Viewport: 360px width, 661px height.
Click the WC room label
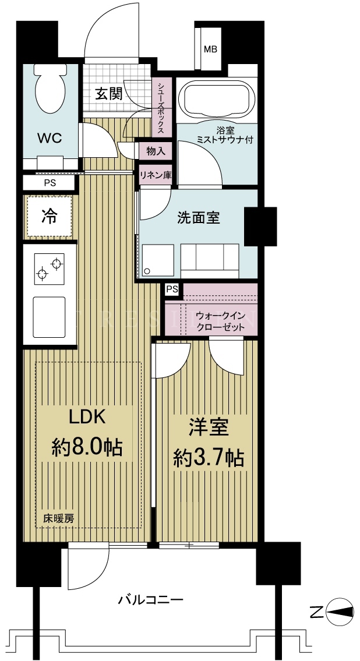pos(50,137)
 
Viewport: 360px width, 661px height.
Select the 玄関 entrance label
pos(108,94)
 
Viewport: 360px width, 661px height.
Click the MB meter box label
pos(210,49)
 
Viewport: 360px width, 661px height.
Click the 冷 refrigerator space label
pos(50,216)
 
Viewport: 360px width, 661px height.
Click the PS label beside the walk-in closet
pos(172,289)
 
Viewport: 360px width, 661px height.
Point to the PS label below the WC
pos(50,183)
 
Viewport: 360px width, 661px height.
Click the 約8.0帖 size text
pos(87,446)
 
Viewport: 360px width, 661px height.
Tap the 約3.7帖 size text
pos(209,457)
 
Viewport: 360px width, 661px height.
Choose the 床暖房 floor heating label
pos(59,519)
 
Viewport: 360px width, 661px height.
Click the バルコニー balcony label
pos(150,599)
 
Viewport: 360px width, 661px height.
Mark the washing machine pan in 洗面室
pos(158,260)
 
